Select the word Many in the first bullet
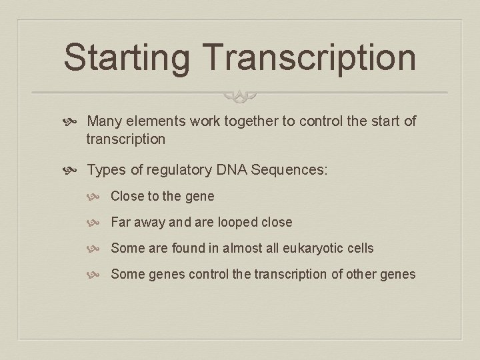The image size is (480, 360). (105, 121)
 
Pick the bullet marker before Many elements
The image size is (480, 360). (73, 122)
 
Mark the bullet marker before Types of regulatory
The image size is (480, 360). (73, 170)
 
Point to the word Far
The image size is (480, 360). (121, 222)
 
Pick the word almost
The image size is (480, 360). (245, 248)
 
